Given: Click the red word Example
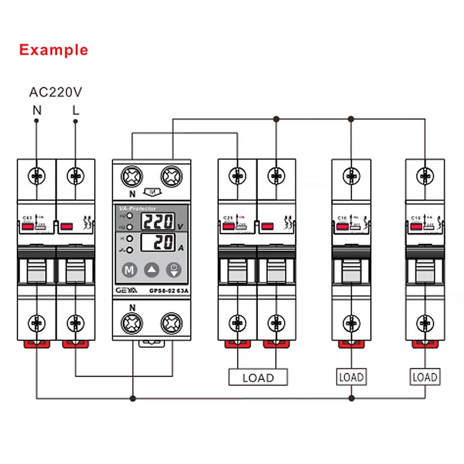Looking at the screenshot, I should (x=53, y=50).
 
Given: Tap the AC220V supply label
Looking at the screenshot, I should (x=56, y=92).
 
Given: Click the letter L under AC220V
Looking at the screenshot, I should (x=76, y=111).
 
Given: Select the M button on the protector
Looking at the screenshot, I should (x=130, y=270).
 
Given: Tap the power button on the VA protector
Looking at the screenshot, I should (x=174, y=270).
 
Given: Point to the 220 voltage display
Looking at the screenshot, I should (x=158, y=222).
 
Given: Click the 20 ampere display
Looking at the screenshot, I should (x=158, y=242).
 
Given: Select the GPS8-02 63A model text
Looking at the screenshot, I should (x=169, y=291).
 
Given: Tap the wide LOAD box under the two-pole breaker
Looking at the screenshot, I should (x=258, y=377).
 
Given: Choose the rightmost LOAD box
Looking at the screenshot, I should (x=425, y=377).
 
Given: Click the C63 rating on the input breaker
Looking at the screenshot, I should (x=27, y=218).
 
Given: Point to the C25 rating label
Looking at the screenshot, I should (x=228, y=218).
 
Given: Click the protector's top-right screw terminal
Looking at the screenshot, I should (x=172, y=177).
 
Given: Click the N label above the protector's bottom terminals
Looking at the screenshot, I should (x=132, y=307).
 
